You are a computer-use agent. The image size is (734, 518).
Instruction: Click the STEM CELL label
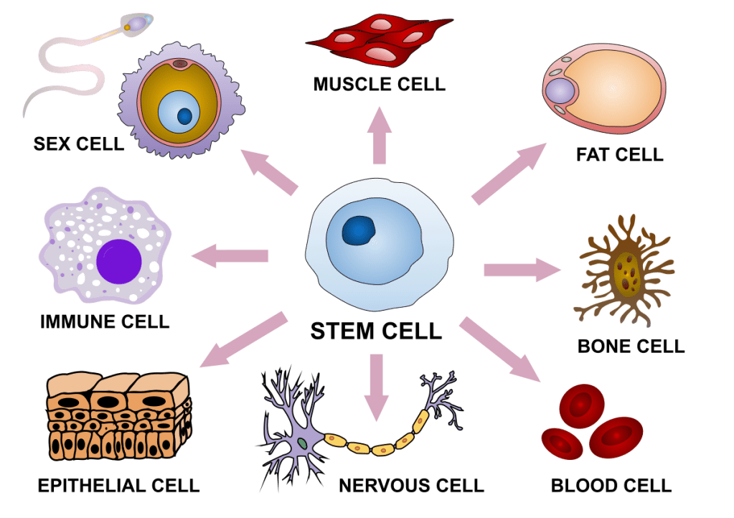click(x=376, y=331)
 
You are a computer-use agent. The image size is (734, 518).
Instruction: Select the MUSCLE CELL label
click(x=379, y=85)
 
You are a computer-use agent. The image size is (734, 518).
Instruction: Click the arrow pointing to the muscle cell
click(x=379, y=136)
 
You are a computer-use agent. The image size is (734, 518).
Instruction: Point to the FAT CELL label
click(x=619, y=154)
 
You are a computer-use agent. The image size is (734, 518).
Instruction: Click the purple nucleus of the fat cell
click(x=560, y=92)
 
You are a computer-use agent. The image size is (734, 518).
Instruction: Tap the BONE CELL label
click(x=631, y=347)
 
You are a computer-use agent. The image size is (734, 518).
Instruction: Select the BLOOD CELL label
click(x=611, y=486)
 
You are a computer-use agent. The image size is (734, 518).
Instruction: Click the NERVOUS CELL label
click(x=411, y=486)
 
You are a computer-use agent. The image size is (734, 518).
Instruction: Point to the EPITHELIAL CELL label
click(x=118, y=486)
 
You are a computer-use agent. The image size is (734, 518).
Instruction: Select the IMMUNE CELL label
click(x=105, y=321)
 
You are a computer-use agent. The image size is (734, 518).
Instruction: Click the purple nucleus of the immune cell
click(x=118, y=260)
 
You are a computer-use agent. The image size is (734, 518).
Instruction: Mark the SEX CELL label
click(x=78, y=143)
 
